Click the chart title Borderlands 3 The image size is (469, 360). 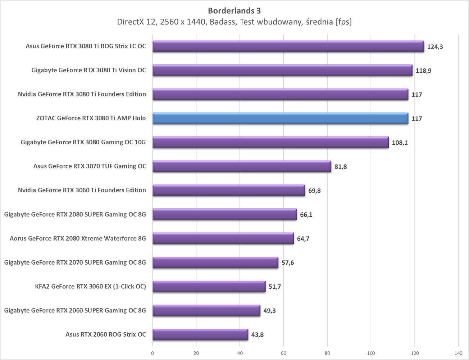234,10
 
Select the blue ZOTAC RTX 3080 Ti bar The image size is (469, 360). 280,118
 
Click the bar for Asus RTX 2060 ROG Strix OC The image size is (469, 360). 200,334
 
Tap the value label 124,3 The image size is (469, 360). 435,46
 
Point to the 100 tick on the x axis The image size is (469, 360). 371,353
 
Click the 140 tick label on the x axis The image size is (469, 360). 458,353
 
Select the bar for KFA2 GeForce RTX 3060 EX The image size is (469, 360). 209,287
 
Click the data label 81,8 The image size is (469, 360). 341,167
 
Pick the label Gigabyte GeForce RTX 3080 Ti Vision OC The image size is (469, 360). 88,70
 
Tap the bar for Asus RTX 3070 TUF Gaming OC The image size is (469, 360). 242,166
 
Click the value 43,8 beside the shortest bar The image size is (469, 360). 257,334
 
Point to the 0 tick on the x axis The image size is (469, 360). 152,353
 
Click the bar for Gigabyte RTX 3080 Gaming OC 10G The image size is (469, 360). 270,143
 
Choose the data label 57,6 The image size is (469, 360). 287,262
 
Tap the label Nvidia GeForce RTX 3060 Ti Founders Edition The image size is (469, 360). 82,190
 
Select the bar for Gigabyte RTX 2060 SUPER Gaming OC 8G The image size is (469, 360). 206,310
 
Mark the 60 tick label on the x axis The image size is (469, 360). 283,353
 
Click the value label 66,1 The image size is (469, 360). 306,215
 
